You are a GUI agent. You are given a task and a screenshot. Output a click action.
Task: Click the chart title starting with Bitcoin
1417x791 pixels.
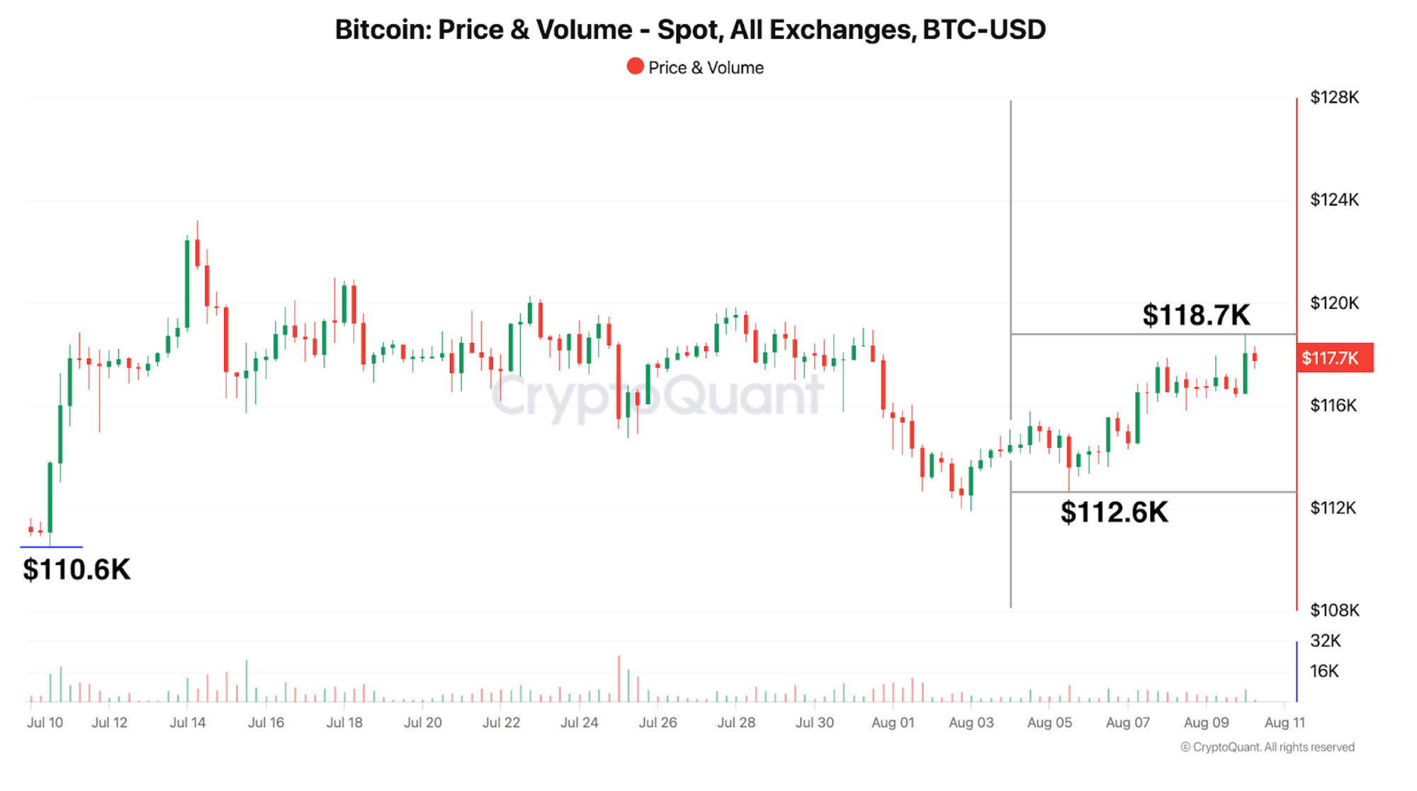click(x=690, y=30)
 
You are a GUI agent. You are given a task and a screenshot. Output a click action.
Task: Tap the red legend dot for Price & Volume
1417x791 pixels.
click(x=635, y=67)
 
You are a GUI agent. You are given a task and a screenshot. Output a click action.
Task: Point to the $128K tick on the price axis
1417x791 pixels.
click(x=1334, y=97)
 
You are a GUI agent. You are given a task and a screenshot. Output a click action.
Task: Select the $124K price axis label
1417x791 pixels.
click(x=1334, y=200)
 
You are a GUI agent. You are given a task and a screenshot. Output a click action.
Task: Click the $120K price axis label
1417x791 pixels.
click(x=1334, y=303)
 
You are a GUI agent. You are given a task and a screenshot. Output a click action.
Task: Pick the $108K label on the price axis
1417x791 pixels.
click(x=1334, y=610)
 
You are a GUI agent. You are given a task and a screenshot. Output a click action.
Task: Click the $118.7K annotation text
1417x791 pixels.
click(x=1196, y=315)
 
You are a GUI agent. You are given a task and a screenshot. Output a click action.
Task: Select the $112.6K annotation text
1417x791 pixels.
click(x=1114, y=512)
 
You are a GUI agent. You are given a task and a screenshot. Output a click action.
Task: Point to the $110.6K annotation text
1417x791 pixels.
click(x=77, y=569)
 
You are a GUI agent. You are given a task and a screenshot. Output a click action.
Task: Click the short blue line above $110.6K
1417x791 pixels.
click(x=51, y=547)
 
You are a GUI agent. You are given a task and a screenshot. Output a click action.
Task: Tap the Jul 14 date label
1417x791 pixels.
click(x=188, y=722)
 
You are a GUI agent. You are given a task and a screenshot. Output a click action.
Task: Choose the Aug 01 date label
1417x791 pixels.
click(x=893, y=722)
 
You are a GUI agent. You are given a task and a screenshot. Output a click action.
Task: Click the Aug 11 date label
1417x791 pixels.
click(x=1285, y=722)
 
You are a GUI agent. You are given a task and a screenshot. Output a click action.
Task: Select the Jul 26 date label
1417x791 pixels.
click(x=658, y=722)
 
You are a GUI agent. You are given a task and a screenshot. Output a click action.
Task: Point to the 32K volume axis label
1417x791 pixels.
click(x=1325, y=641)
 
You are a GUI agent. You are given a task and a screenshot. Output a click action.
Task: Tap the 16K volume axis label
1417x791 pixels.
click(x=1324, y=671)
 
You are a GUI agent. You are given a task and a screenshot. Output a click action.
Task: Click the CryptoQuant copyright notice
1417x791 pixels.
click(x=1267, y=747)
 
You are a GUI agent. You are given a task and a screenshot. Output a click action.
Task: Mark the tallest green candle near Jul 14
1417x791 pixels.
click(x=187, y=284)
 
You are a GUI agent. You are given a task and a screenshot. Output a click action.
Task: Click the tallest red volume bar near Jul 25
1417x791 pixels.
click(x=619, y=679)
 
